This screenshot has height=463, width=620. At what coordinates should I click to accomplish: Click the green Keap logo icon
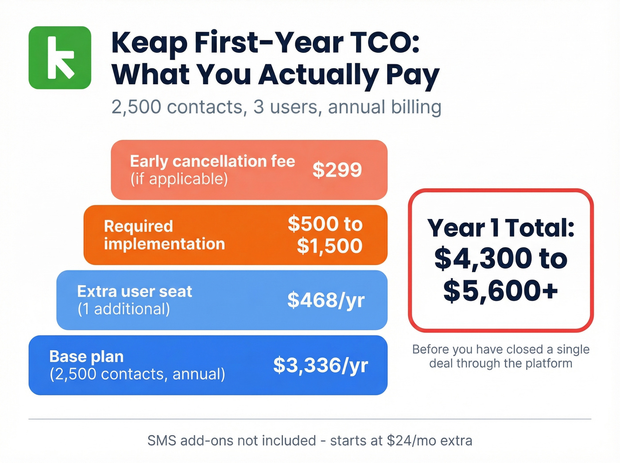tap(60, 58)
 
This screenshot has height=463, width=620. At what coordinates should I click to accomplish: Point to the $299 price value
tap(337, 170)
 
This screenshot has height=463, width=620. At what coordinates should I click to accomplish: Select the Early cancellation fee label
tap(212, 161)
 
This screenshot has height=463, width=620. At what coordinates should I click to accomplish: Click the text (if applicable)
tap(179, 179)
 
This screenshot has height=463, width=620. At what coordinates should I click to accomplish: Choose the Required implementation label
tap(164, 235)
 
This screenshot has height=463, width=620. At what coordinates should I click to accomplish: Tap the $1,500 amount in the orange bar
tap(329, 246)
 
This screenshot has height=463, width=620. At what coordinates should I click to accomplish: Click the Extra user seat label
tap(135, 292)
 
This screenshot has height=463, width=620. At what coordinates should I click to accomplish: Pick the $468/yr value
tap(326, 300)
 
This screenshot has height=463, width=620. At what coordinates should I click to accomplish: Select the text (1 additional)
tap(124, 309)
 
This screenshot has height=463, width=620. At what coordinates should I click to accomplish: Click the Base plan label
tap(86, 357)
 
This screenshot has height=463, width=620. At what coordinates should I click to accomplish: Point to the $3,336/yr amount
tap(321, 365)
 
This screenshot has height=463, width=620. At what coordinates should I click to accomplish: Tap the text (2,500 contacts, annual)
tap(137, 374)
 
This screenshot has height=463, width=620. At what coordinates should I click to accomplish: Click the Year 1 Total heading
tap(501, 228)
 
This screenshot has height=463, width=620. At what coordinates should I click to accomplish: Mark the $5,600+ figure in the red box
tap(500, 291)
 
